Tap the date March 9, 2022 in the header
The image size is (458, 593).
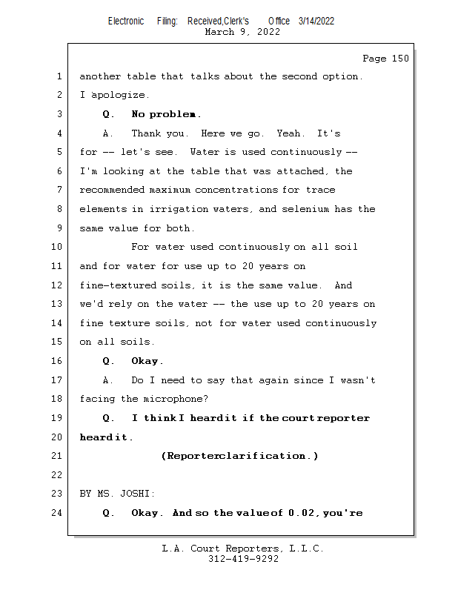coord(242,32)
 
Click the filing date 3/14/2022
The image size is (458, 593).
coord(316,21)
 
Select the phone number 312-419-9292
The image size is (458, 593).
coord(242,559)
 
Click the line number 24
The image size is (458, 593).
coord(59,512)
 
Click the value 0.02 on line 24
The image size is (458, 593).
coord(302,513)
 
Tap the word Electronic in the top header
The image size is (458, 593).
coord(126,21)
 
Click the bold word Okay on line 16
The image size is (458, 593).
coord(147,361)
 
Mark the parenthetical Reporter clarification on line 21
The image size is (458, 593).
coord(239,456)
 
